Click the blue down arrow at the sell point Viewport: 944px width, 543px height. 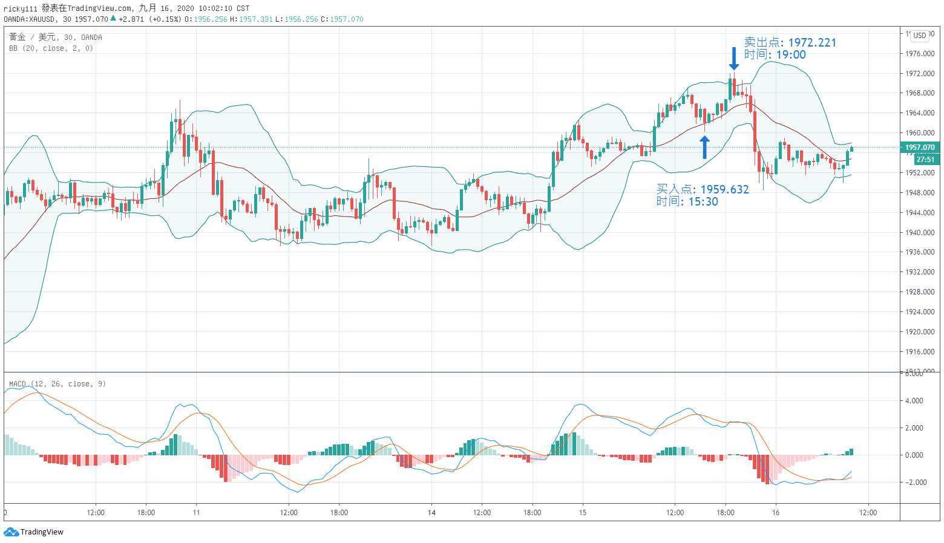point(733,59)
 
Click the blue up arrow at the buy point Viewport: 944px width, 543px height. point(704,147)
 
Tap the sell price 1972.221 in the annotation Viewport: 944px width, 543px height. point(812,42)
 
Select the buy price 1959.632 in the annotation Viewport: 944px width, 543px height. point(724,189)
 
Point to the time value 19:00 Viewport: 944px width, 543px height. point(791,54)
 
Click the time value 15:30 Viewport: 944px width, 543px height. point(703,201)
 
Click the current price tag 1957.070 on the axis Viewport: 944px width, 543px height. point(920,147)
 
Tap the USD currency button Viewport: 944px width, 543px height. point(920,36)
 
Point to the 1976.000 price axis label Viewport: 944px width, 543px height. point(920,54)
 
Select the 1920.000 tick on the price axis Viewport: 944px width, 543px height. point(920,332)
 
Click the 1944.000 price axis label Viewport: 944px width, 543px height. point(920,213)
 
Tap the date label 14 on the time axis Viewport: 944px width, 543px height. point(431,513)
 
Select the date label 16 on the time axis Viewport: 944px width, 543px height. point(776,513)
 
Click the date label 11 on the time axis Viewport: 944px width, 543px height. point(196,513)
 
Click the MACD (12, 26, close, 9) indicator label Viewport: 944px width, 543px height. point(57,384)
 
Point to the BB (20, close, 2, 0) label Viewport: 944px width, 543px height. point(51,48)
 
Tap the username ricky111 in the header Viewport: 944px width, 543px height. point(20,8)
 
